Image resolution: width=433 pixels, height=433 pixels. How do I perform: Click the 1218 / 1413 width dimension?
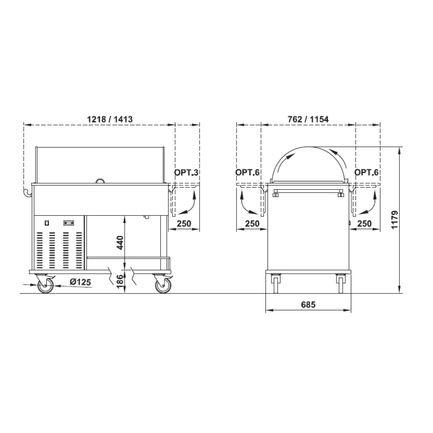pos(110,120)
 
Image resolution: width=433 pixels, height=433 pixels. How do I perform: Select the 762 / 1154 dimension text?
pos(308,120)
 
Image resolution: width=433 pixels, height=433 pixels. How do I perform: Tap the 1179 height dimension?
pos(394,220)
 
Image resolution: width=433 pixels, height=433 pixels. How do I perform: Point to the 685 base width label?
pos(308,304)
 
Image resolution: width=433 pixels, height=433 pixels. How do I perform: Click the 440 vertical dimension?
pos(120,242)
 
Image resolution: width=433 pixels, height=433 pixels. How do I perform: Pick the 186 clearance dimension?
pos(120,281)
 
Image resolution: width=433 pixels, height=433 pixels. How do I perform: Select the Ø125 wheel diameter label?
pos(80,282)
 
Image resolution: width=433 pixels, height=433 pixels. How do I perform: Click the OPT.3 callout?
pos(186,173)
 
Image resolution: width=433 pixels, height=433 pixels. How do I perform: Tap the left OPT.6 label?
pos(247,173)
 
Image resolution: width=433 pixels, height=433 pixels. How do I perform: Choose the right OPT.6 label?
pos(366,173)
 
